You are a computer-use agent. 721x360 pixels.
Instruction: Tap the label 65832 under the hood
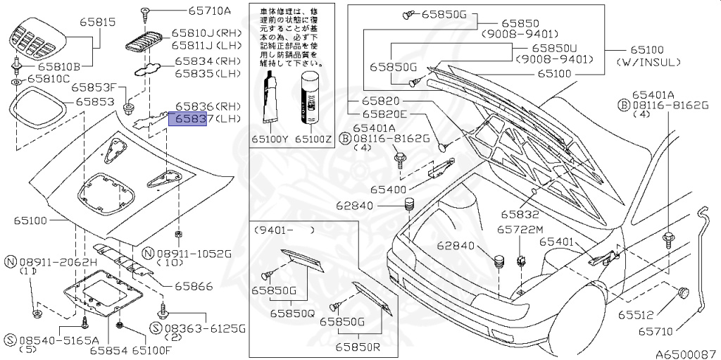(520, 213)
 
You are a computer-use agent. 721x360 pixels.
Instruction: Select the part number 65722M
(520, 230)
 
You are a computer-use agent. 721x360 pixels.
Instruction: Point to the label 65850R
(358, 347)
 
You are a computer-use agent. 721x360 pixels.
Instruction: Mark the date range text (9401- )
(285, 230)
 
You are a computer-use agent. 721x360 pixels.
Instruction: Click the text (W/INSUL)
(648, 63)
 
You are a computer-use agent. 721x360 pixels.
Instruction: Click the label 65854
(108, 349)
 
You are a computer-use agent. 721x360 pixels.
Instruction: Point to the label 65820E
(384, 114)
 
